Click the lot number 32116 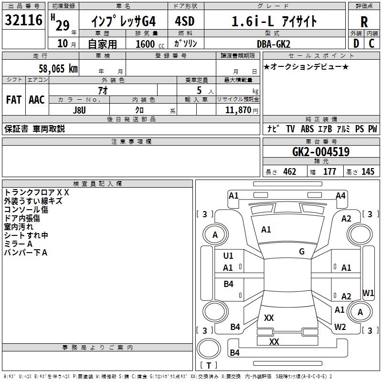point(24,21)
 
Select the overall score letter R point(364,22)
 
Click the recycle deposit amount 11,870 point(237,110)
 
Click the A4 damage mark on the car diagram point(340,195)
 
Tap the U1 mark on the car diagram point(228,256)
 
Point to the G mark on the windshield point(302,252)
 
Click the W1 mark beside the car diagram point(368,292)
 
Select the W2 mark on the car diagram point(340,327)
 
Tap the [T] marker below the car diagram point(208,366)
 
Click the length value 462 point(290,172)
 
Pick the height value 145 point(368,172)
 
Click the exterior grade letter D point(356,43)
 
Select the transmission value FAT point(13,100)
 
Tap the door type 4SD point(185,21)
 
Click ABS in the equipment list point(307,129)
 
